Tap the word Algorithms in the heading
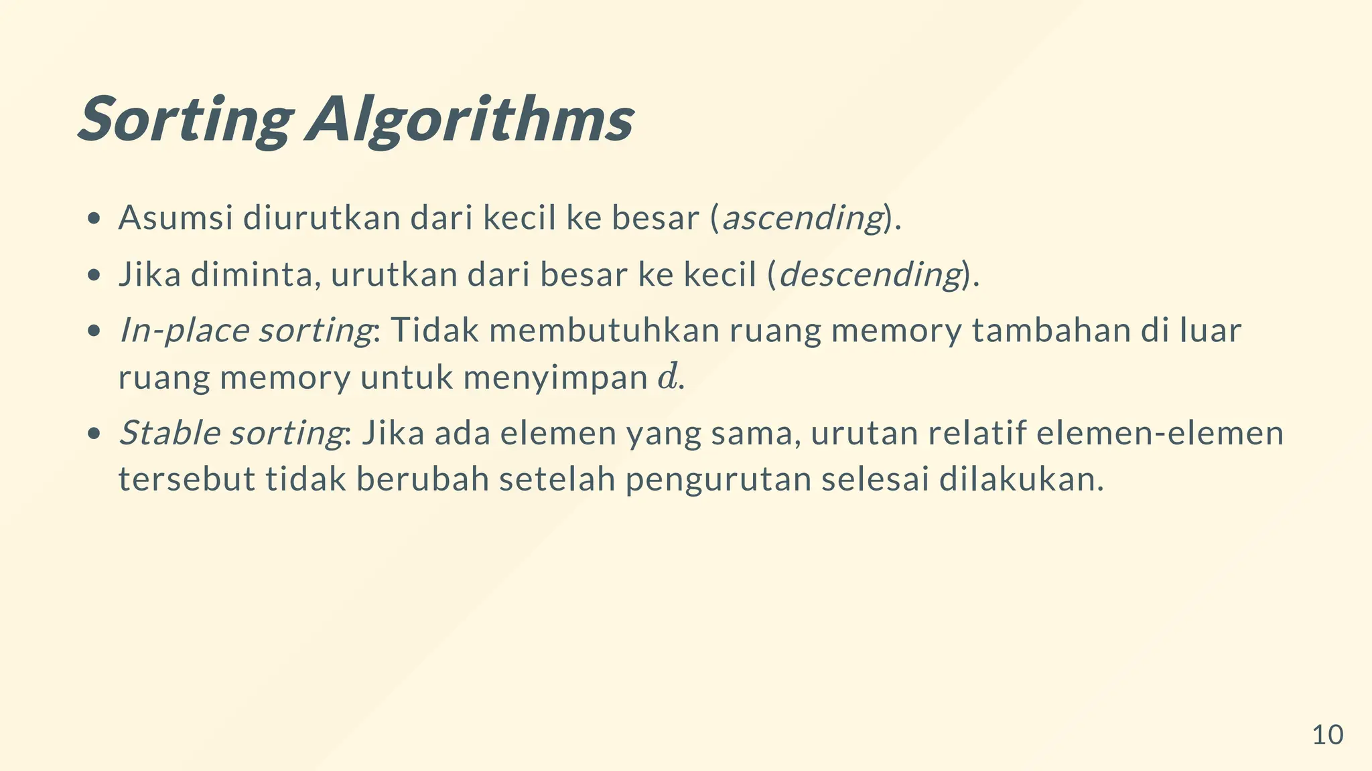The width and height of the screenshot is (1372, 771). point(470,119)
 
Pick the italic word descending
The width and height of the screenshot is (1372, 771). point(870,274)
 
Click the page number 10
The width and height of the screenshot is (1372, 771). point(1327,735)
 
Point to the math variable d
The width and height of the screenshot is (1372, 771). point(667,377)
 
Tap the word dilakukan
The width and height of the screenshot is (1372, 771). point(1021,479)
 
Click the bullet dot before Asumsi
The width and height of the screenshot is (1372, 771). point(94,218)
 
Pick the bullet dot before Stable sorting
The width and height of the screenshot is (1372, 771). point(94,433)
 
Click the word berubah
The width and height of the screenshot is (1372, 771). point(423,479)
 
